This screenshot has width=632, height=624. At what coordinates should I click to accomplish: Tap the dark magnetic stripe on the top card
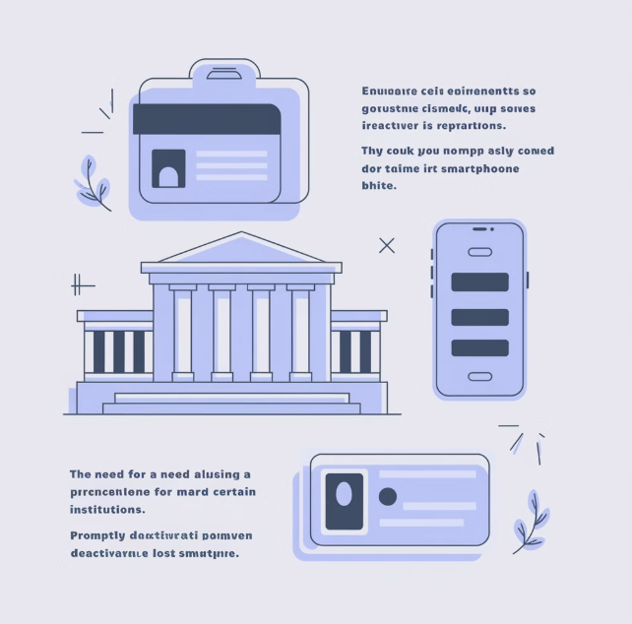(x=207, y=119)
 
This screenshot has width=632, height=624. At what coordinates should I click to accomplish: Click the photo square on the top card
(x=168, y=168)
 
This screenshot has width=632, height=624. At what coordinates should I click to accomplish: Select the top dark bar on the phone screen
(x=479, y=281)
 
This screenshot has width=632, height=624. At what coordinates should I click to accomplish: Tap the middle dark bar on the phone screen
(x=479, y=317)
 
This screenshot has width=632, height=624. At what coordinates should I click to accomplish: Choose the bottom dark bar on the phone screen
(x=479, y=347)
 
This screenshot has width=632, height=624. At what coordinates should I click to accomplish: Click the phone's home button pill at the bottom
(x=479, y=376)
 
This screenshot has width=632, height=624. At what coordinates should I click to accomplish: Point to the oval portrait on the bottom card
(x=344, y=492)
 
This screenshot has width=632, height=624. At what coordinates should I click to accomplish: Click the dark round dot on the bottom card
(x=388, y=497)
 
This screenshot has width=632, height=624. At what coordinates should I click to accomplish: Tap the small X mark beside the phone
(x=387, y=245)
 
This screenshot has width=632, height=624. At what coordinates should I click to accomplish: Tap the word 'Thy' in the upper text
(x=372, y=152)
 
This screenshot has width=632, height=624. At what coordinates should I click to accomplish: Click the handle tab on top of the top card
(x=225, y=71)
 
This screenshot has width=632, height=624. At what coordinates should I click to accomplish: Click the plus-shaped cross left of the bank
(x=81, y=285)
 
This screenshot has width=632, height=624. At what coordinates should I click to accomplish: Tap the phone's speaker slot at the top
(x=479, y=229)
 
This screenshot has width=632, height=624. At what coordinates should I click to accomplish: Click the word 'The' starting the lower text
(x=81, y=473)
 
